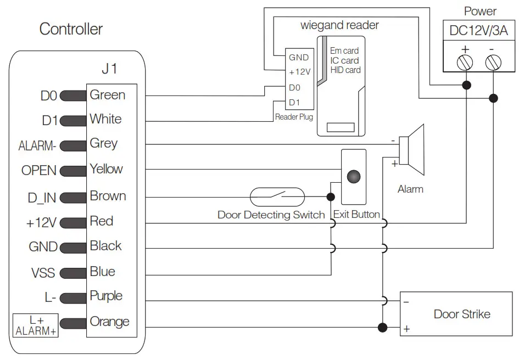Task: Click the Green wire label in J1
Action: pyautogui.click(x=107, y=95)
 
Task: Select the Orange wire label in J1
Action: pyautogui.click(x=109, y=322)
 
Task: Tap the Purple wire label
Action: pyautogui.click(x=106, y=296)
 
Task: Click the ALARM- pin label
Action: pyautogui.click(x=37, y=146)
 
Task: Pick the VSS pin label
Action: pyautogui.click(x=43, y=273)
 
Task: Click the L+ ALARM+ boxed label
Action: pyautogui.click(x=36, y=325)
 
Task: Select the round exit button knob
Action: pyautogui.click(x=354, y=177)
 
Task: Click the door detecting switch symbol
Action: pyautogui.click(x=277, y=196)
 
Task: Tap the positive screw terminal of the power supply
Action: pyautogui.click(x=466, y=63)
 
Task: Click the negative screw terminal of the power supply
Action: pyautogui.click(x=493, y=63)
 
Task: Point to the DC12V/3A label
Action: pyautogui.click(x=478, y=31)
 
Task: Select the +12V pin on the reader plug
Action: pyautogui.click(x=299, y=72)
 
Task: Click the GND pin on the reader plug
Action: pyautogui.click(x=299, y=58)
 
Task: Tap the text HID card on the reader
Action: pyautogui.click(x=345, y=70)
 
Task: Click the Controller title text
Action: pyautogui.click(x=71, y=29)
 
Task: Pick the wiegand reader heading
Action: pyautogui.click(x=339, y=25)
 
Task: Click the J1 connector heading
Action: pyautogui.click(x=109, y=69)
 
